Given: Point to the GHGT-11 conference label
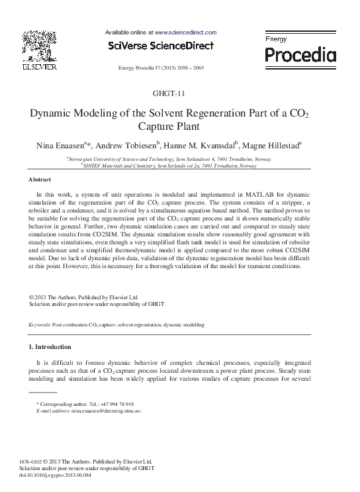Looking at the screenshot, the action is coord(180,93).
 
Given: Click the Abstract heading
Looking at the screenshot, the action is coord(40,179).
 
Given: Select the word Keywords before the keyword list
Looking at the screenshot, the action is coord(40,325).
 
